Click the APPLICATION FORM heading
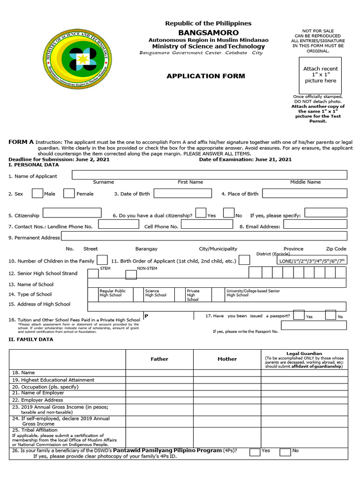pos(206,76)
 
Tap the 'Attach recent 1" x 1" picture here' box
pos(320,75)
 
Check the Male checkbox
pos(37,193)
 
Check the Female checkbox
pos(69,193)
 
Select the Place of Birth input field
pos(304,194)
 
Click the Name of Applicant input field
pos(209,175)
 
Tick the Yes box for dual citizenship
pos(201,213)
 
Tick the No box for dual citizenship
pos(228,213)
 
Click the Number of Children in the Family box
pos(102,260)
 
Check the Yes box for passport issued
pos(299,315)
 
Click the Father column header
pos(159,359)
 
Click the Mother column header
pos(227,359)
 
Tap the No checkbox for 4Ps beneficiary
pos(285,452)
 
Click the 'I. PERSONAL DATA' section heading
pos(34,165)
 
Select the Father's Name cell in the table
pos(159,373)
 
